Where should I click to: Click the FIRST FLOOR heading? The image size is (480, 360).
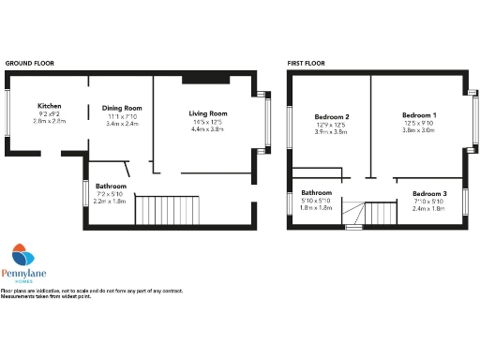pos(307,63)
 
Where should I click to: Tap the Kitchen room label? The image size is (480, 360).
pos(49,105)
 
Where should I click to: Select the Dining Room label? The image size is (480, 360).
pos(122,108)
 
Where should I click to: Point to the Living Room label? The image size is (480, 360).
pos(208,113)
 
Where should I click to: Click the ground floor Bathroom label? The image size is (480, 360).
pos(111,185)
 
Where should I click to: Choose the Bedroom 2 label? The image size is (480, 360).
pos(332,116)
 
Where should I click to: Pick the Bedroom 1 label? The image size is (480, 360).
pos(419,113)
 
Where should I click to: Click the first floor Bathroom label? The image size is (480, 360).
pos(316,193)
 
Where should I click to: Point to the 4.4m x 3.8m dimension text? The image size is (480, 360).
pos(208,129)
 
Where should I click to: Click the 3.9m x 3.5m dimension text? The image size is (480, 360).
pos(332,132)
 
